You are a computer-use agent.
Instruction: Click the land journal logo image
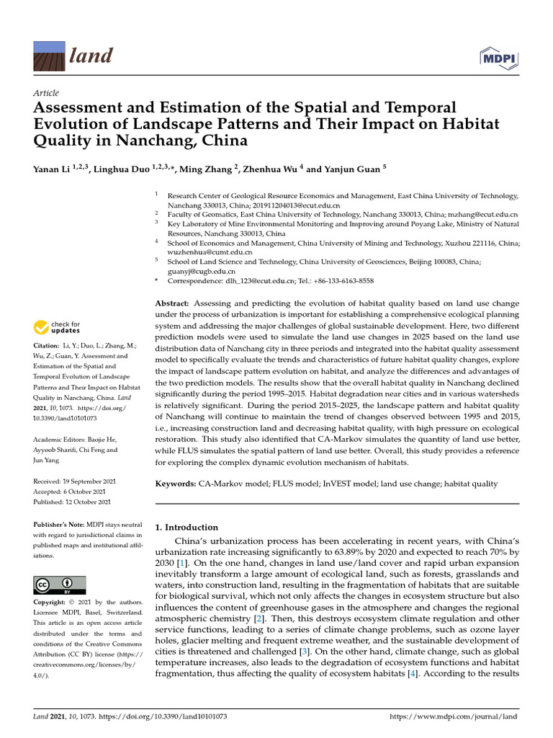click(50, 55)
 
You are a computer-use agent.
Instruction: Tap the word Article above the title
click(46, 93)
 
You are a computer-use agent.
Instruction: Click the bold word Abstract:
click(173, 305)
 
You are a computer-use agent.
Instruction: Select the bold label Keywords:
click(176, 484)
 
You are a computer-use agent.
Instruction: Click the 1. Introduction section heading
click(186, 528)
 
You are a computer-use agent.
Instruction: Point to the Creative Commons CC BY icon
click(60, 584)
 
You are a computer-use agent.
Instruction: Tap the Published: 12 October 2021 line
click(72, 502)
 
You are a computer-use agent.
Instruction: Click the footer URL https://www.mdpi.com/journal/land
click(453, 717)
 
